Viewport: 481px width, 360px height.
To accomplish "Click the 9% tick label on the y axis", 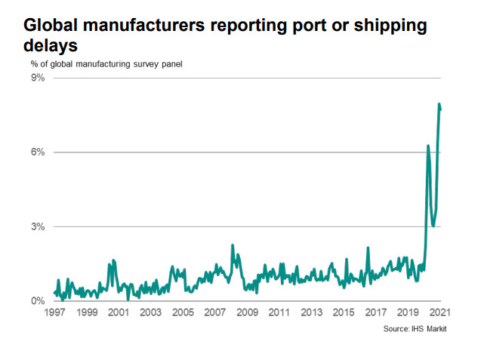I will tap(38, 78).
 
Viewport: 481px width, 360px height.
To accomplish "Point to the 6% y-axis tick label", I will tap(38, 152).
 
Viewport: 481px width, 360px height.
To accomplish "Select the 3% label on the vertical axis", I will tap(38, 226).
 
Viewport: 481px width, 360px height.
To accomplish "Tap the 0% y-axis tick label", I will tap(38, 301).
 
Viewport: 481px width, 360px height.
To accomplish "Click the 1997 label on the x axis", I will tap(54, 312).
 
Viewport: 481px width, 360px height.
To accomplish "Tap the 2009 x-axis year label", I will tap(247, 312).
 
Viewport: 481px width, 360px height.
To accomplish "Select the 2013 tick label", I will tap(311, 312).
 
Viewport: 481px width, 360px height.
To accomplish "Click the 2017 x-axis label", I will tap(376, 312).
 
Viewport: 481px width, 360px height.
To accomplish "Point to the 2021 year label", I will tap(439, 312).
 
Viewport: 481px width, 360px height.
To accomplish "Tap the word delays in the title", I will tap(50, 46).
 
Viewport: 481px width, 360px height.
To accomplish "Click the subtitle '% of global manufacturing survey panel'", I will tap(106, 63).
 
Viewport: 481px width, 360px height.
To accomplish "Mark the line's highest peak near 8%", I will tap(439, 104).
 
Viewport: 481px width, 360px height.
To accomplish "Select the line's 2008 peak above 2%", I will tap(233, 245).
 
